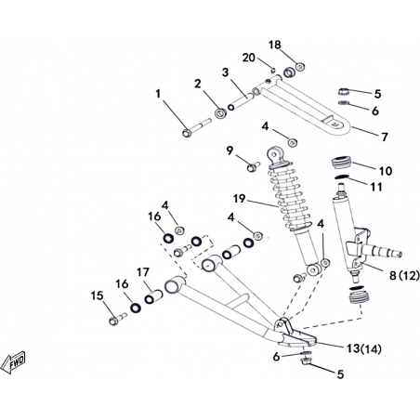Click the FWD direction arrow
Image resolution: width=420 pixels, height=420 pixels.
pos(13,362)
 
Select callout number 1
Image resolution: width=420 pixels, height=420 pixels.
pos(158,93)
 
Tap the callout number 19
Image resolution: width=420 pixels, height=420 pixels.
pos(239,199)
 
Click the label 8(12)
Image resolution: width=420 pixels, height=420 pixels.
pos(404,275)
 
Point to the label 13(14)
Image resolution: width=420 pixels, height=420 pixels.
pos(364,348)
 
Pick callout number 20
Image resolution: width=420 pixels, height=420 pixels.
pos(249,58)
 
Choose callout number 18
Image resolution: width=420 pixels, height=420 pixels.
pos(275,45)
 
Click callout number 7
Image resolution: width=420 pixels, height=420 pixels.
pos(385,137)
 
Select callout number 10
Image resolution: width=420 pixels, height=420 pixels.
pos(386,171)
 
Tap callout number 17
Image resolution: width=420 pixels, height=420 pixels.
pos(143,272)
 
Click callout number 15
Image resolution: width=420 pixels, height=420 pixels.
pos(97,295)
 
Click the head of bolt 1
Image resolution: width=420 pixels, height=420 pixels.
pos(187,133)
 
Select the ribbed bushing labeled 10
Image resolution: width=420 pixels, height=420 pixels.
pos(342,162)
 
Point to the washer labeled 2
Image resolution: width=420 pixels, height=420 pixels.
pos(220,113)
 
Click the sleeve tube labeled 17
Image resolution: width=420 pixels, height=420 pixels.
pos(153,296)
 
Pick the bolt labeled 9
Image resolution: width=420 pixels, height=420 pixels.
pos(254,167)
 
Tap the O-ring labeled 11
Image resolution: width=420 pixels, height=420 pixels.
pos(342,177)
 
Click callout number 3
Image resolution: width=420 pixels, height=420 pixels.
pos(225,72)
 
